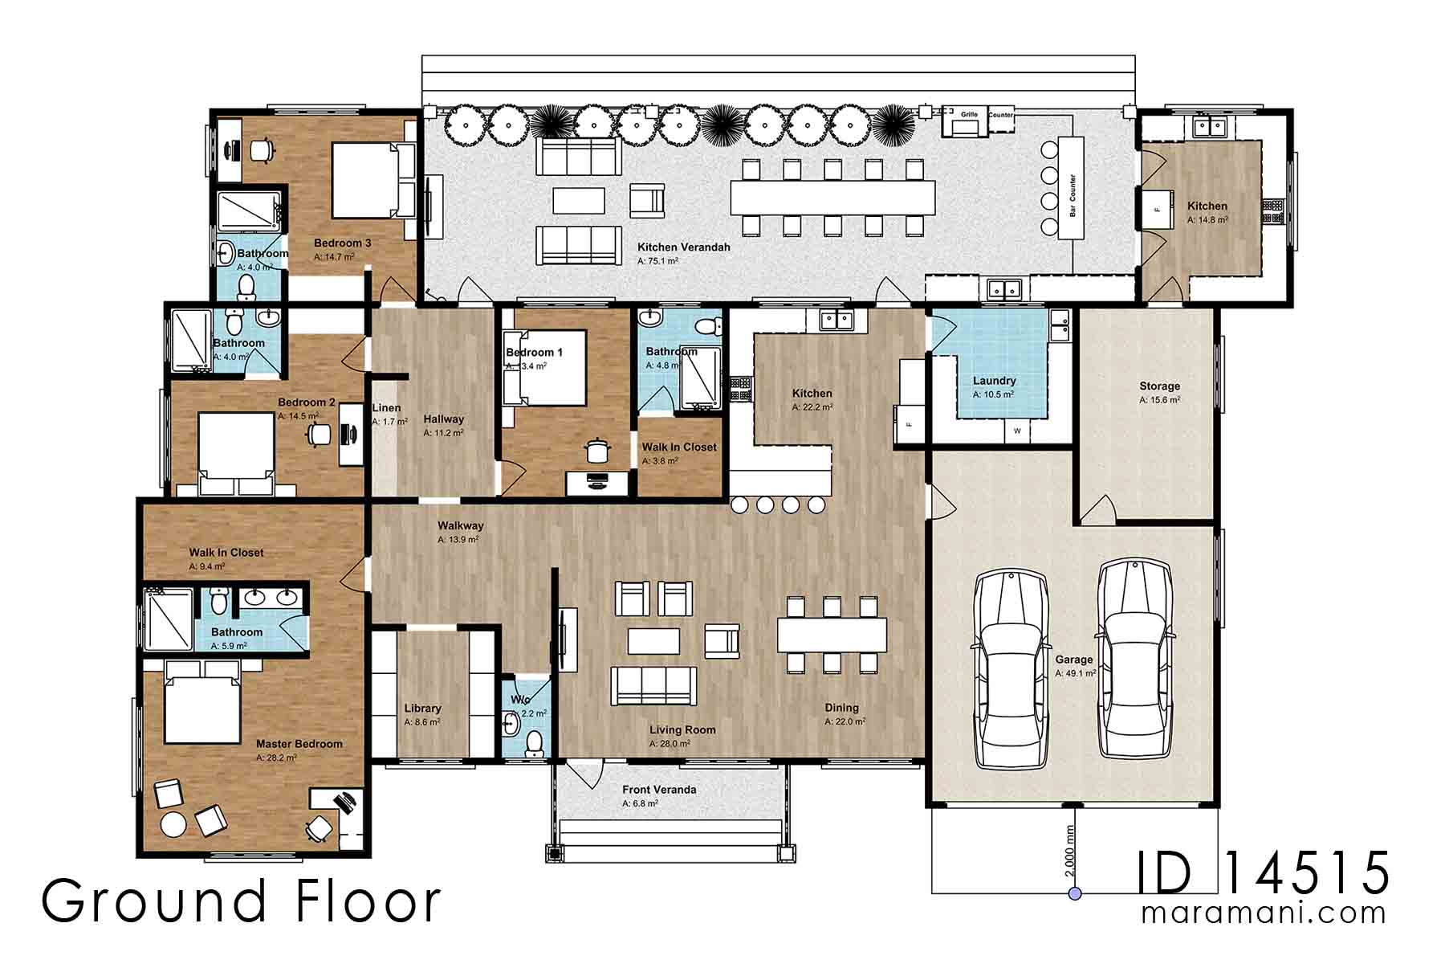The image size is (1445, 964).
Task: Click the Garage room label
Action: (1073, 660)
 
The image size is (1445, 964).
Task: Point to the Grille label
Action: (969, 115)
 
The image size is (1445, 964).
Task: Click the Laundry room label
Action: (994, 381)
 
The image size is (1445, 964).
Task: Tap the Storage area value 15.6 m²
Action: (1159, 400)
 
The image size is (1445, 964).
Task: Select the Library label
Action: (422, 709)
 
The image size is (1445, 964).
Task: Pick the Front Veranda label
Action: (658, 790)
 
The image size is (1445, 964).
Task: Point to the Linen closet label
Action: (386, 408)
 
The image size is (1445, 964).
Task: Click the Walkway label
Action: (460, 526)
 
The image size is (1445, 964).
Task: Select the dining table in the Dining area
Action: (832, 635)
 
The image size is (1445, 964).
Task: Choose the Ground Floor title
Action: (241, 901)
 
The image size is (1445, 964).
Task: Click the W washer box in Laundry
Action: (1017, 431)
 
